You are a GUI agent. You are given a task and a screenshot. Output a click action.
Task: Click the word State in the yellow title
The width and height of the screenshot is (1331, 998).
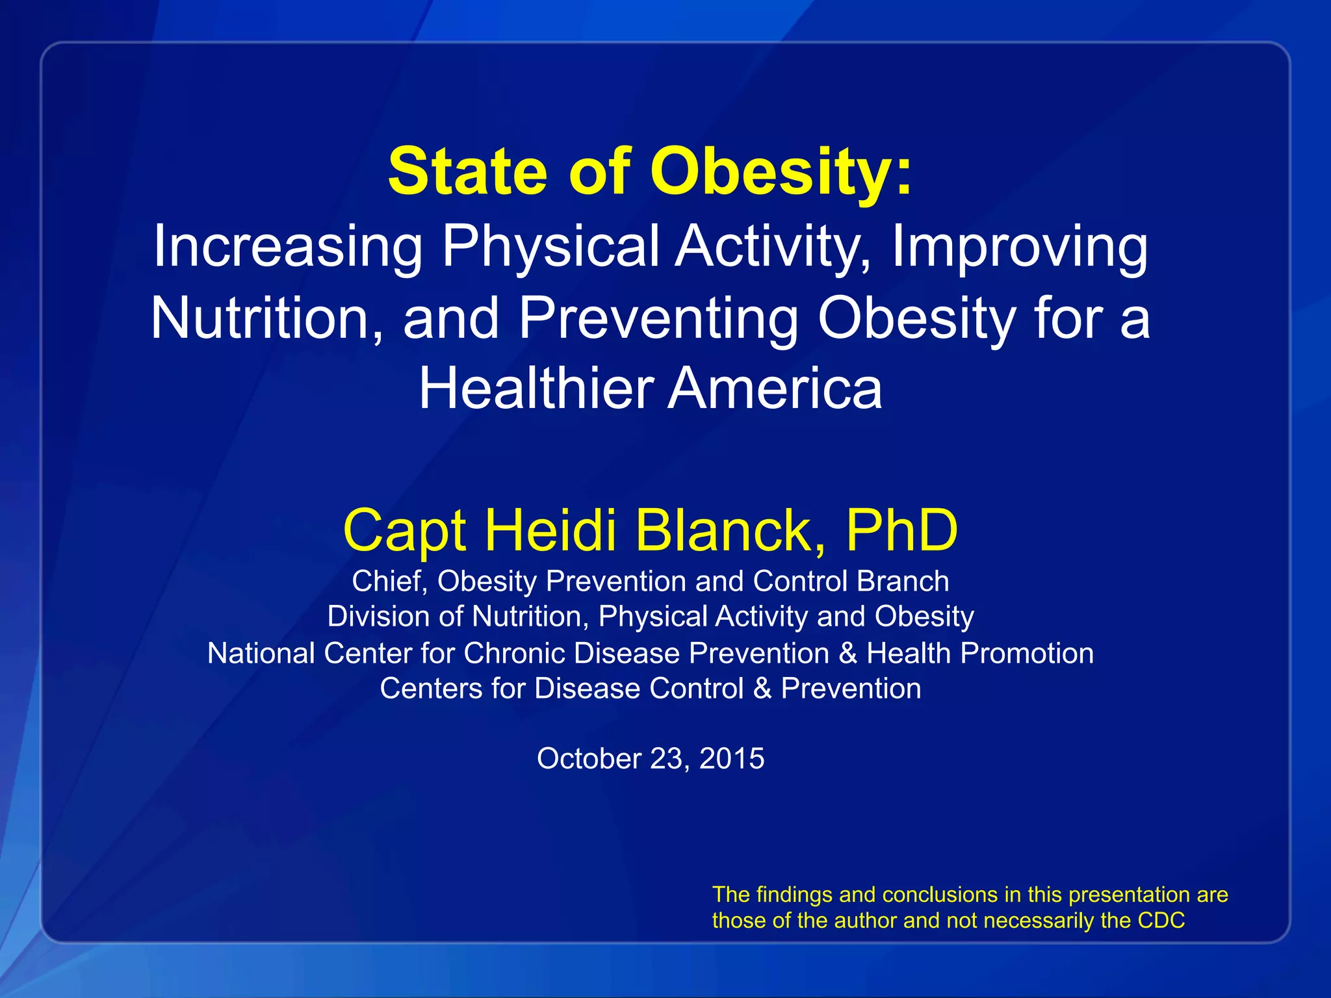467,172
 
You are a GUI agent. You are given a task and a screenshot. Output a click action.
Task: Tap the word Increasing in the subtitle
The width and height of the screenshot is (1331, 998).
287,248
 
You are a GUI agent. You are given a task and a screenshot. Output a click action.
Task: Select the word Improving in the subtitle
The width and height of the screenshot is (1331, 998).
1019,248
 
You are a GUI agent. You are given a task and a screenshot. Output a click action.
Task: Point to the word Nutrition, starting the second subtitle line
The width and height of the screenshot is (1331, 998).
267,318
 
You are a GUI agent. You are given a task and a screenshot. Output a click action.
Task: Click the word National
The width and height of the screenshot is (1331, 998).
261,654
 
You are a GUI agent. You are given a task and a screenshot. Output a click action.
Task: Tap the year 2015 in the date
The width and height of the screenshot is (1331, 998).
732,759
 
